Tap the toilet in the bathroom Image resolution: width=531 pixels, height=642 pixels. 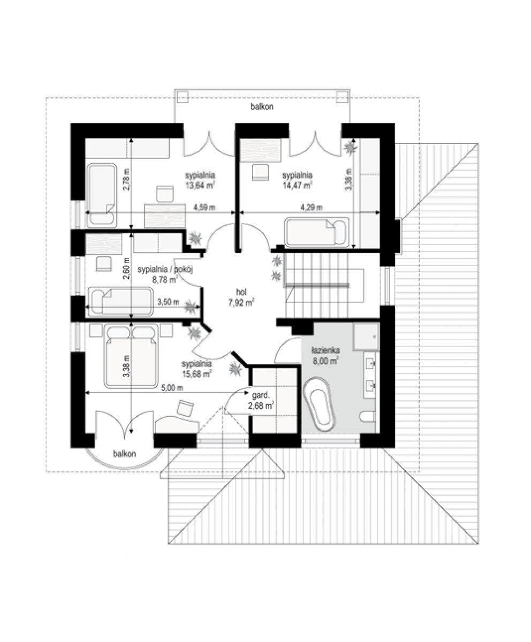(x=367, y=416)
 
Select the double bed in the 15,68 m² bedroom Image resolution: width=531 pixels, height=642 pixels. (x=132, y=356)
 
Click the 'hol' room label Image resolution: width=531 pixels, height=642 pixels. (x=241, y=292)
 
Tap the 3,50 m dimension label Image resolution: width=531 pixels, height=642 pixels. (x=168, y=302)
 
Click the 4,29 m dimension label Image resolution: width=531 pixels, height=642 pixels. (x=312, y=208)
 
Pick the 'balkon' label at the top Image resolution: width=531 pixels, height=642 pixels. (x=262, y=106)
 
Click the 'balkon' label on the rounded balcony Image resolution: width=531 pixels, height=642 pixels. (x=125, y=454)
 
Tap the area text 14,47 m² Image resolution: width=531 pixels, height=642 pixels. (x=298, y=186)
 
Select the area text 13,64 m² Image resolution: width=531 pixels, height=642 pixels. (x=200, y=186)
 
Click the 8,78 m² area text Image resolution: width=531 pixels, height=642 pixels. (x=164, y=279)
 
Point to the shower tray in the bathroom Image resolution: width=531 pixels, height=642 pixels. (x=366, y=337)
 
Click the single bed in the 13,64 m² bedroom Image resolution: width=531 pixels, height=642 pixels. (x=102, y=195)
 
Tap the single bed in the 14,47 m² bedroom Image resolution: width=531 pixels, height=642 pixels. (x=317, y=232)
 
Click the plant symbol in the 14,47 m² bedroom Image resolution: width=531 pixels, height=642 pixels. (x=351, y=148)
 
